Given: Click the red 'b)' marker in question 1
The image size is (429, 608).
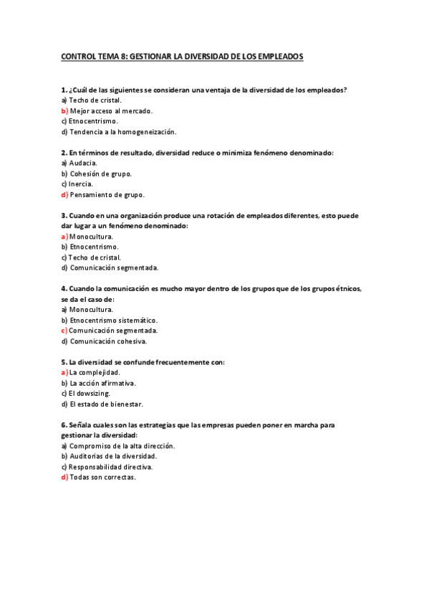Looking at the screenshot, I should [x=64, y=111].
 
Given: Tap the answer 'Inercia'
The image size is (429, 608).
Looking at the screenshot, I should [x=81, y=184].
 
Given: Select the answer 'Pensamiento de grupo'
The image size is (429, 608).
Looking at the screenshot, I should [x=107, y=194].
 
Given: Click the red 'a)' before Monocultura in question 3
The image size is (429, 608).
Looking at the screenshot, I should [x=64, y=236].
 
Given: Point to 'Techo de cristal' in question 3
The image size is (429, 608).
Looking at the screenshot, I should [x=95, y=257].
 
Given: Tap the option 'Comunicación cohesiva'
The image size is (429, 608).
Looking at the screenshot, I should [x=108, y=341].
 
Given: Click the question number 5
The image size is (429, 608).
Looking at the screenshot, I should [x=64, y=362].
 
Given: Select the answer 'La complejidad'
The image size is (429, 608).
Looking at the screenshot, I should [x=94, y=372].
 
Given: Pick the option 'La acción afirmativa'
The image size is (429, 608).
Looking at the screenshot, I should [x=102, y=383].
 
